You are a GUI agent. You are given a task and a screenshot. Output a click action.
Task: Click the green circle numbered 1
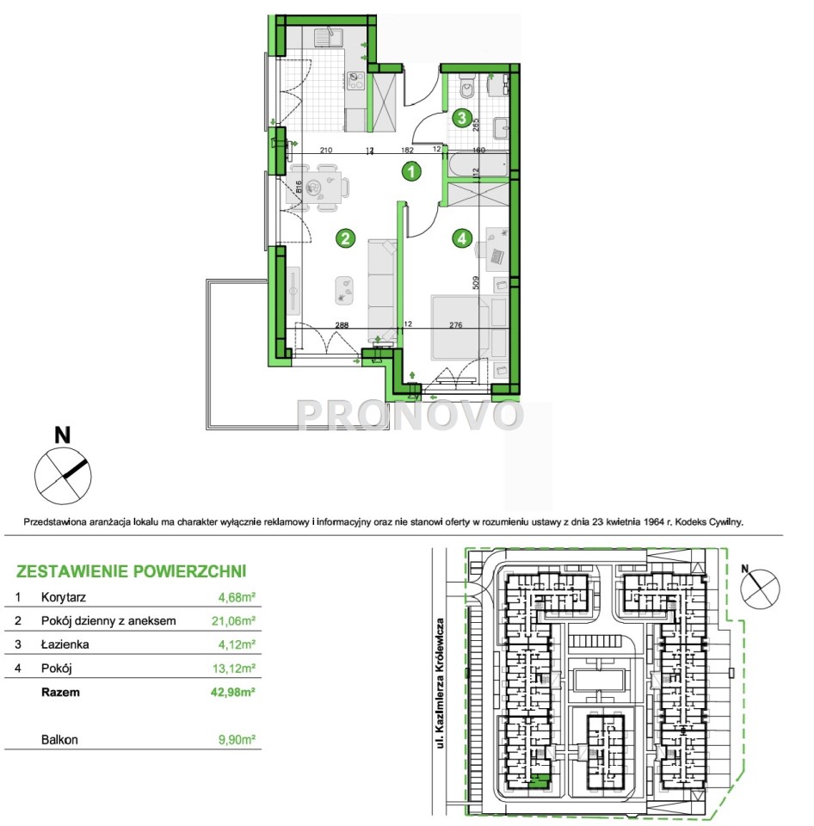tap(411, 171)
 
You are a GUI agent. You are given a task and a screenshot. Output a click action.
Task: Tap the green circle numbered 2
tap(345, 238)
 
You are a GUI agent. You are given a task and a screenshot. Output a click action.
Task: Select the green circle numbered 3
tap(462, 117)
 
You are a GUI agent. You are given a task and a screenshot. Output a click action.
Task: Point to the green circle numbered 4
tap(462, 238)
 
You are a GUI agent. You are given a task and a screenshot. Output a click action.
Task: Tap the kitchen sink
tap(328, 37)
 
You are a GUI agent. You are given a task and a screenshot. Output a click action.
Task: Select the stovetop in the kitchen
tap(355, 80)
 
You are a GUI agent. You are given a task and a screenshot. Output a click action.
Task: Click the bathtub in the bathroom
tap(478, 166)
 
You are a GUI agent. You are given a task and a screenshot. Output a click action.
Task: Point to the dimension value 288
tap(342, 324)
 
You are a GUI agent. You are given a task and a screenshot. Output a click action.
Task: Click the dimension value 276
tap(456, 324)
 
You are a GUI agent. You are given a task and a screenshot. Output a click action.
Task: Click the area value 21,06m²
tap(233, 621)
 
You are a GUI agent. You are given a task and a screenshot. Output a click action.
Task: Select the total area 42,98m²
tap(233, 692)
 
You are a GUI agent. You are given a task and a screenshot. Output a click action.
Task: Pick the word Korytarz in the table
tap(63, 597)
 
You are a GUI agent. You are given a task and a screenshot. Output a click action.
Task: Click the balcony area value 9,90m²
tap(237, 740)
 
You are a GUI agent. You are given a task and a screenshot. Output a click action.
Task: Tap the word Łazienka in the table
tap(65, 644)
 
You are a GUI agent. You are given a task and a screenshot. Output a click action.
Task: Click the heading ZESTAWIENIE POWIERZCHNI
tap(131, 571)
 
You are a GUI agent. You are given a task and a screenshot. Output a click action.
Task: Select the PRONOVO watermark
tap(410, 415)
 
